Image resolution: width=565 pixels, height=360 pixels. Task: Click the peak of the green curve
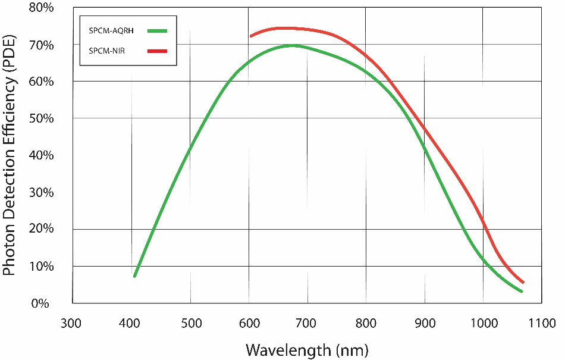(291, 45)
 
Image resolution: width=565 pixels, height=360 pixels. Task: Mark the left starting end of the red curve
(251, 36)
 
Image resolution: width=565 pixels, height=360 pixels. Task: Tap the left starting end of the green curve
(135, 276)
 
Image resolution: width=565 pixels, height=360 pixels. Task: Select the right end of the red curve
(523, 282)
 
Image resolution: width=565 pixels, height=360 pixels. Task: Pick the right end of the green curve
(522, 291)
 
